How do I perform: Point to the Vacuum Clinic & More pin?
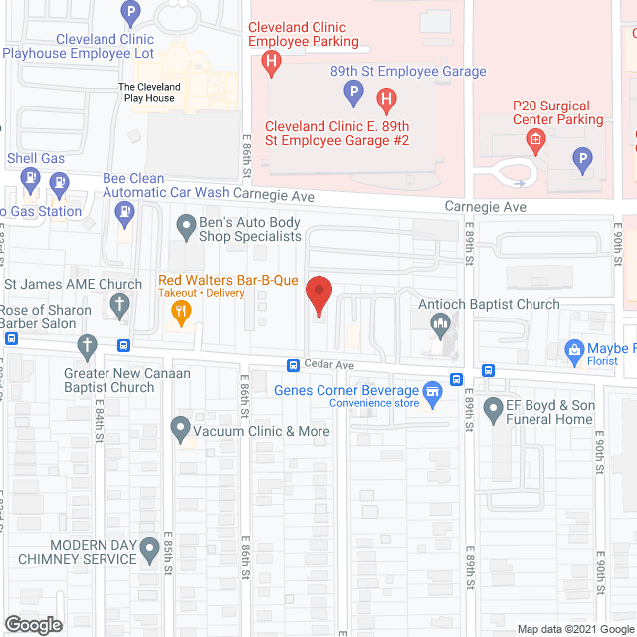180,431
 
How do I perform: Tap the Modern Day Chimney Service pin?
150,548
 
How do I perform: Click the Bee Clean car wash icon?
124,210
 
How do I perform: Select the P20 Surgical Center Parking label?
557,112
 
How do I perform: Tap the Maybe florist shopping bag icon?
574,349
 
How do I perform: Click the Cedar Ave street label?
330,365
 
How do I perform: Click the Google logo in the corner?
32,625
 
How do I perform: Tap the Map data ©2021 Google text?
574,628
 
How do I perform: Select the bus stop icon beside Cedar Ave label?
294,365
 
